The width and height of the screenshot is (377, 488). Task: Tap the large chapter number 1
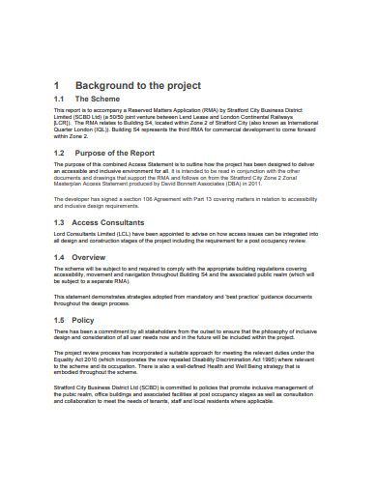click(57, 84)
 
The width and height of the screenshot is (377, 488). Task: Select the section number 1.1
click(58, 100)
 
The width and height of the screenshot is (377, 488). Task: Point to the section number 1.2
click(58, 153)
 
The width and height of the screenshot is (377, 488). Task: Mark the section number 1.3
click(58, 221)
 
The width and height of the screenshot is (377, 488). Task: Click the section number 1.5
click(58, 319)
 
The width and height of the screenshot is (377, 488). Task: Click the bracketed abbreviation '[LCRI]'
click(61, 123)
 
